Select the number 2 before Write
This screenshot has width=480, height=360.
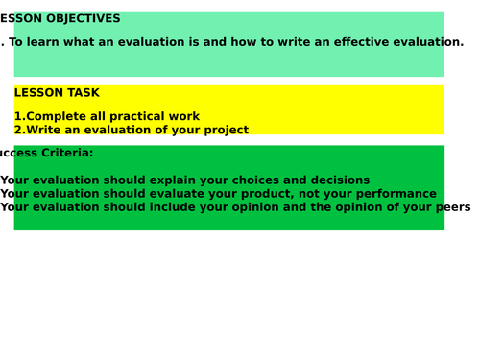tap(17, 131)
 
